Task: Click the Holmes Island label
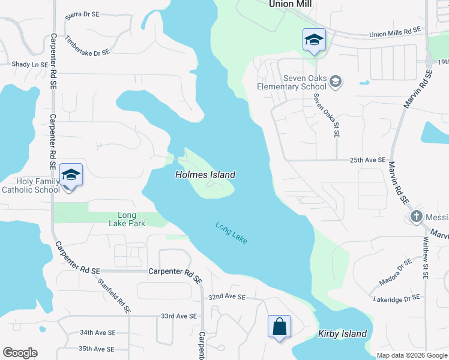pos(205,175)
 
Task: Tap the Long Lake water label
pos(232,233)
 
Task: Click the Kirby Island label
pos(342,334)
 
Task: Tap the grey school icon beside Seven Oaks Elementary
pos(336,81)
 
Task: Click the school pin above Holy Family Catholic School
pos(71,175)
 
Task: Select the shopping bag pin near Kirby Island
pos(279,327)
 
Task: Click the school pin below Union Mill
pos(314,40)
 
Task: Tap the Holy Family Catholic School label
pos(31,185)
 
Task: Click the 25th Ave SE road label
pos(367,160)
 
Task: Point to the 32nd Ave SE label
pos(228,297)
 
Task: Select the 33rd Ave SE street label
pos(179,316)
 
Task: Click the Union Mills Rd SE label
pos(396,35)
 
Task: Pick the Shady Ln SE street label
pos(29,64)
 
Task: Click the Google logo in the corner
pos(20,353)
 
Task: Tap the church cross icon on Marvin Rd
pos(415,216)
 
